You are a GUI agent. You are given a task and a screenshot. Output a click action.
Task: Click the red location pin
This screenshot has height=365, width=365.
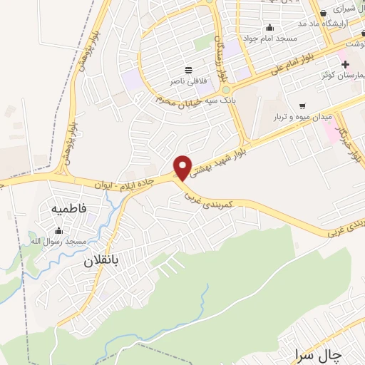(183, 167)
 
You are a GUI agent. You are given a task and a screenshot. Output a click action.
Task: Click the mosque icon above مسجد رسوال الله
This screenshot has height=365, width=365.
(58, 230)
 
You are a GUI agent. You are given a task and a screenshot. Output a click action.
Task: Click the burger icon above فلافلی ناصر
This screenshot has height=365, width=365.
(187, 70)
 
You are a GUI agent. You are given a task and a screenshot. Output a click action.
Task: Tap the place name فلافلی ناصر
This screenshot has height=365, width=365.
(188, 81)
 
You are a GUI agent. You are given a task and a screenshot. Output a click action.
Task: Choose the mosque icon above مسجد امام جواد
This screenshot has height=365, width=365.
(269, 28)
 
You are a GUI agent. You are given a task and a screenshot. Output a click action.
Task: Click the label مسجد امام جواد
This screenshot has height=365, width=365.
(269, 38)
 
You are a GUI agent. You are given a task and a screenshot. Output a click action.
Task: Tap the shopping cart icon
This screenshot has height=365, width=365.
(302, 105)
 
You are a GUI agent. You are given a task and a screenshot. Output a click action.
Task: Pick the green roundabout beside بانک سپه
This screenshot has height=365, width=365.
(226, 91)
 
